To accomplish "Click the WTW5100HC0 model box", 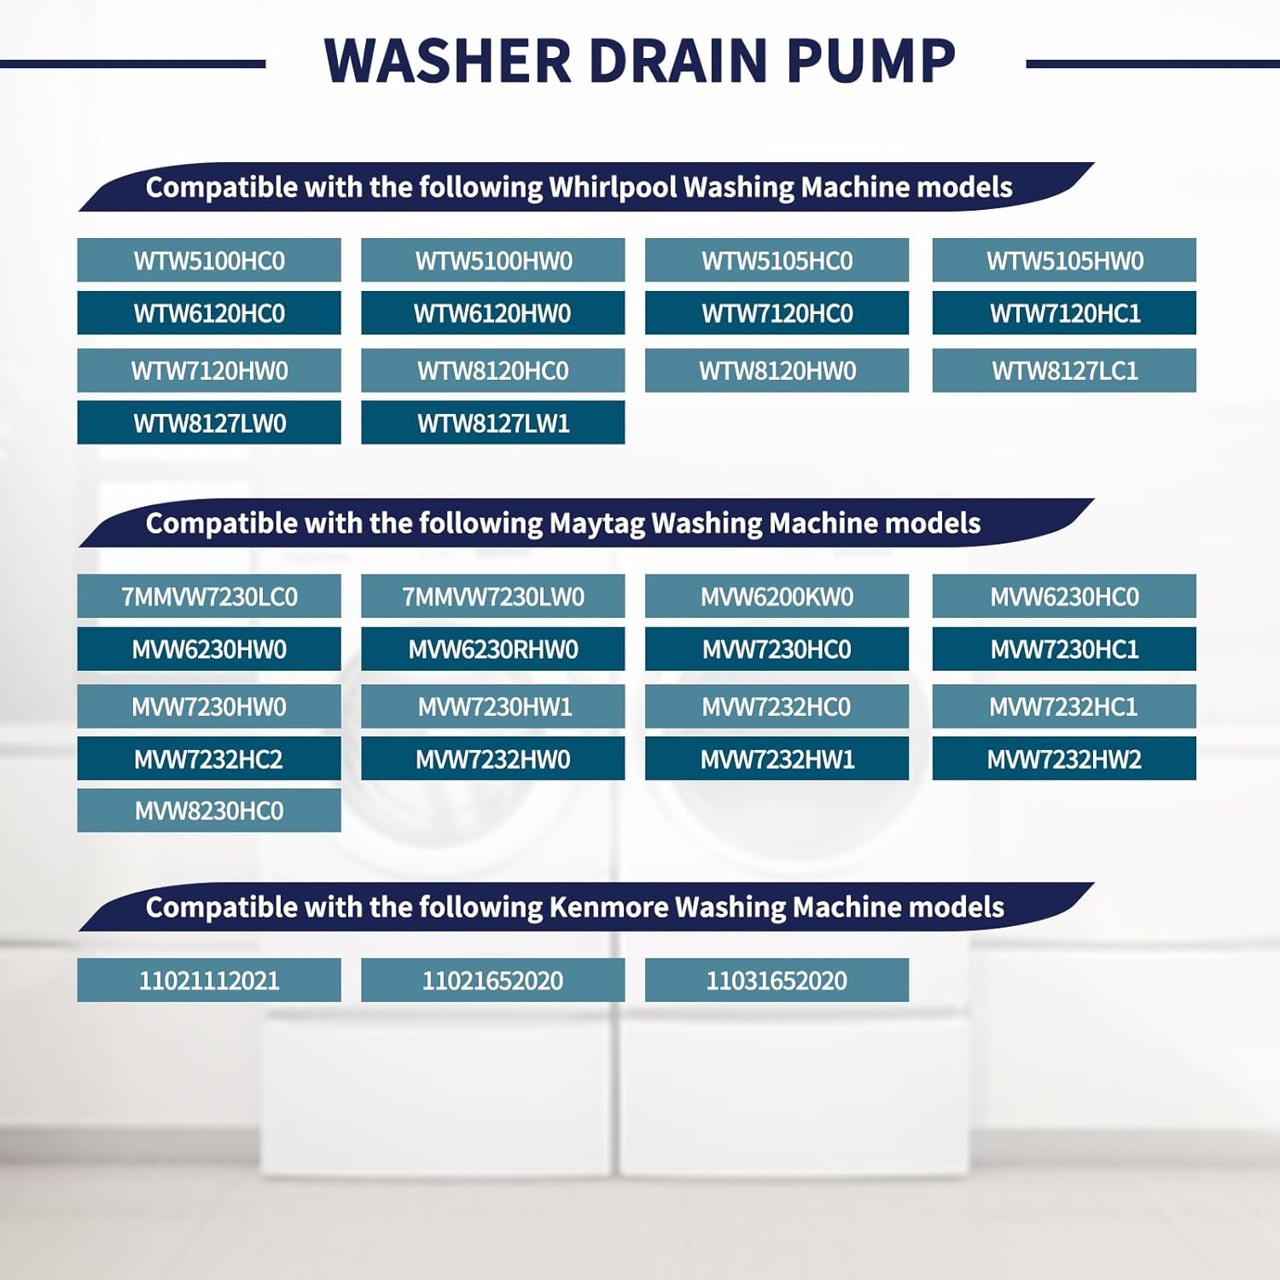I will (x=209, y=260).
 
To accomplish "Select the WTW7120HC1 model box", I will (x=1064, y=313).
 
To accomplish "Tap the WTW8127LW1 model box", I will (x=492, y=422).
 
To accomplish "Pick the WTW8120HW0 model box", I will (x=777, y=370).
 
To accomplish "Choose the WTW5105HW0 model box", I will (x=1064, y=260).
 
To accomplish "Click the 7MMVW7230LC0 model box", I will (x=209, y=596).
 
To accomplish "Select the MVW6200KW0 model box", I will (x=777, y=596).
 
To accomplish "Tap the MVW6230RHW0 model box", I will (x=492, y=649).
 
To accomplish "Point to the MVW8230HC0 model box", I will (x=209, y=811).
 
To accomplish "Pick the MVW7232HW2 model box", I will (x=1064, y=759).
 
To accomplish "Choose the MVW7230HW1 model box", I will (x=492, y=707).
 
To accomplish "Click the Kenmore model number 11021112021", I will (x=209, y=980).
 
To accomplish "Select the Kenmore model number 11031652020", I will (x=777, y=980).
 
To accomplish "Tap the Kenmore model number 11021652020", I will (x=492, y=980).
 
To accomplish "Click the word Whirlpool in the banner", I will (x=612, y=187).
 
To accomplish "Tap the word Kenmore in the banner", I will (x=608, y=907).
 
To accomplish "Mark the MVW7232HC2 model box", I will (x=209, y=759).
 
